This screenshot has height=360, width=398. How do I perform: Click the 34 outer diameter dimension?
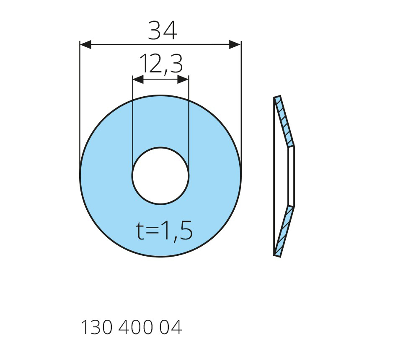pyautogui.click(x=163, y=31)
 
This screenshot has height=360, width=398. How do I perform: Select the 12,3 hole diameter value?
pyautogui.click(x=161, y=64)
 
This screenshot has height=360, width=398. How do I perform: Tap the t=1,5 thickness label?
pyautogui.click(x=164, y=231)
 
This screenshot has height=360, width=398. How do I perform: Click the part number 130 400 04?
pyautogui.click(x=131, y=327)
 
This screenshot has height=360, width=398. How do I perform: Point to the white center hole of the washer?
pyautogui.click(x=160, y=175)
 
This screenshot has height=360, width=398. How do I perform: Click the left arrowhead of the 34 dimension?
pyautogui.click(x=85, y=44)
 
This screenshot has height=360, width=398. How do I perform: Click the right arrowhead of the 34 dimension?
pyautogui.click(x=235, y=44)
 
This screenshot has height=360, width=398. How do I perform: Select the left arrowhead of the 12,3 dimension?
pyautogui.click(x=138, y=80)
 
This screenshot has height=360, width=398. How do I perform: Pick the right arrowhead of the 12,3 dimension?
pyautogui.click(x=183, y=80)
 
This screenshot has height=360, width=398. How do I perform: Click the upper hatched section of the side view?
pyautogui.click(x=284, y=121)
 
